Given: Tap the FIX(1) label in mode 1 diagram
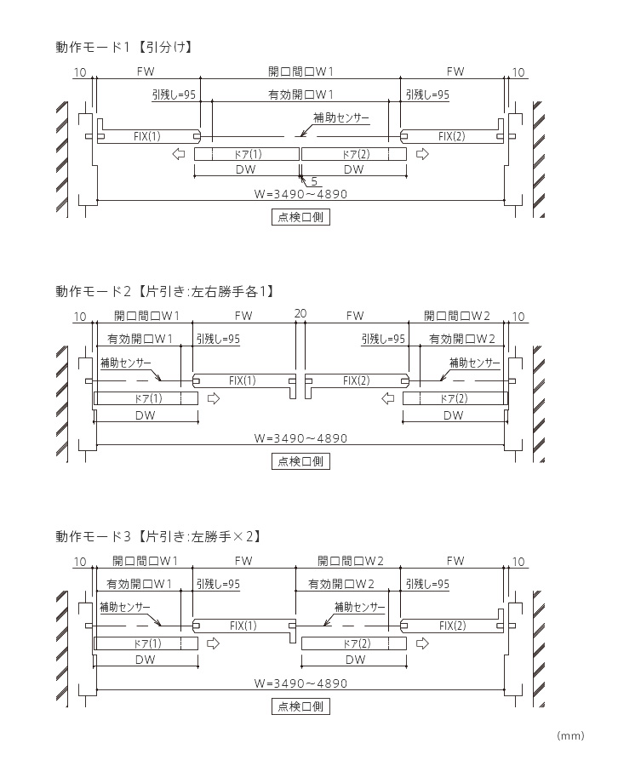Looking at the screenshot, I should coord(146,136).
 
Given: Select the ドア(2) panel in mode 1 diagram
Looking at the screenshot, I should coord(353,154).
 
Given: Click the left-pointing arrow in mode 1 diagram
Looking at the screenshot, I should coord(179,154).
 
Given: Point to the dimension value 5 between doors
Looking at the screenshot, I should coord(314,181).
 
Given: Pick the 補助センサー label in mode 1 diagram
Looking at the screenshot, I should coord(341,117).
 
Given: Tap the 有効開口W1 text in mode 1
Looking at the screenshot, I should coord(300,94).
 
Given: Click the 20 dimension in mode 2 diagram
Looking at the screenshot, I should coord(300,314).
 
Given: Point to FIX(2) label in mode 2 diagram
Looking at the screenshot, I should coord(356,380).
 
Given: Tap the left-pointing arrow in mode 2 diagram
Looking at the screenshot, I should coord(389,398).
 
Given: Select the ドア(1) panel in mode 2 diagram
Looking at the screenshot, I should coord(146,398).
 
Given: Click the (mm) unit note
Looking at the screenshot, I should coord(569,735).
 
